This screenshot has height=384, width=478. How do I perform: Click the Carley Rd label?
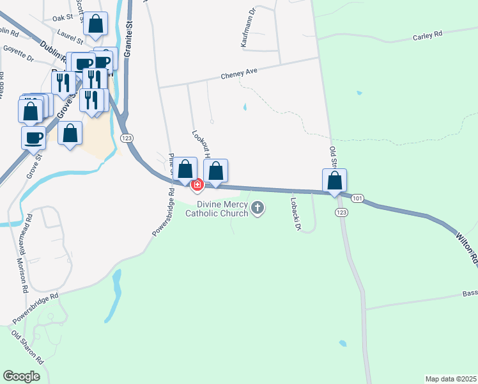coord(428,36)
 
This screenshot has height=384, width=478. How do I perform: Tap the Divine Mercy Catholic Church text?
coord(217,209)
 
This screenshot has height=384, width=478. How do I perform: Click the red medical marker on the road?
coord(197,185)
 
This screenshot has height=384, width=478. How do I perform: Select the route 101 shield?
coord(357,199)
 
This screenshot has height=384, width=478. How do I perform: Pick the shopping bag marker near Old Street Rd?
coord(334,181)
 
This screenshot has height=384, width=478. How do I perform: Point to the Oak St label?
coord(63,18)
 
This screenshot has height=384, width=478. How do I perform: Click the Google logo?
coord(21,376)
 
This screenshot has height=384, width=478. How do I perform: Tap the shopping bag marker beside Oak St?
coord(95,25)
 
